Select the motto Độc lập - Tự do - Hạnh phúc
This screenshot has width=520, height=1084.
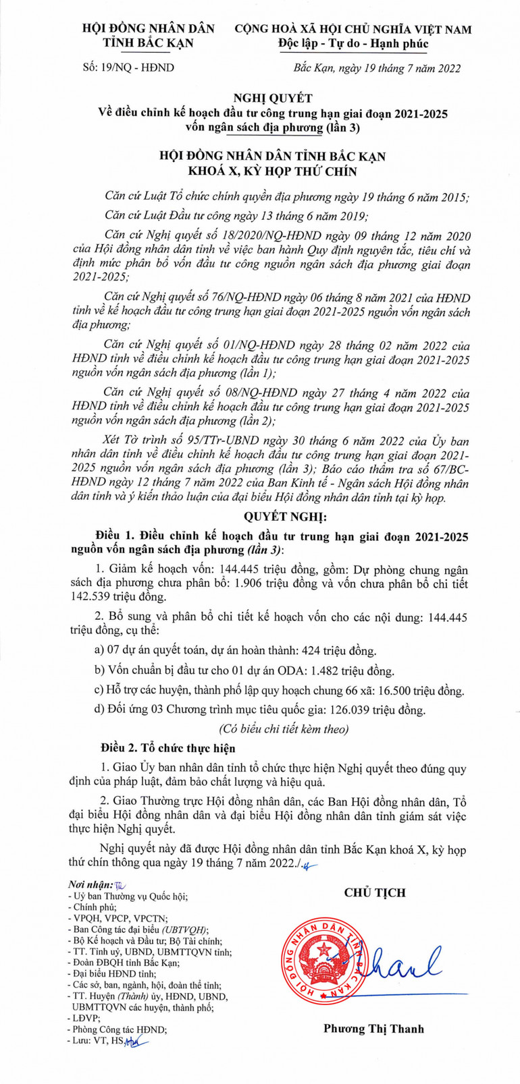pyautogui.click(x=353, y=44)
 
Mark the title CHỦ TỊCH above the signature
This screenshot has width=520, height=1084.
pyautogui.click(x=375, y=892)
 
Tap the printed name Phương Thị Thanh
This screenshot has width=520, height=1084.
pyautogui.click(x=373, y=1029)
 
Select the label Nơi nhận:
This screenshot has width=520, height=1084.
pyautogui.click(x=90, y=884)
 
